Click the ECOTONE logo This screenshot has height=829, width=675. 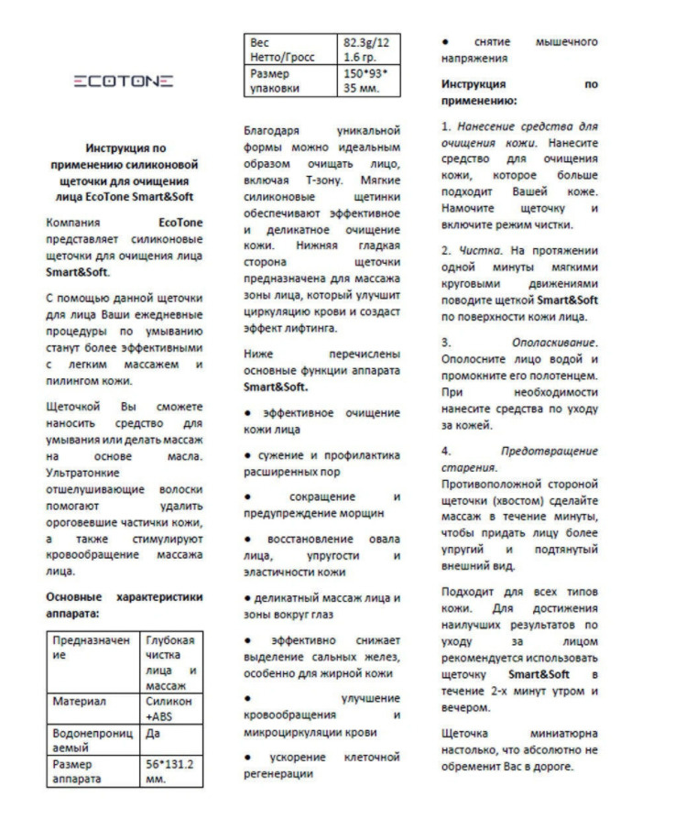(123, 82)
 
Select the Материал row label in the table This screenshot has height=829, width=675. (92, 702)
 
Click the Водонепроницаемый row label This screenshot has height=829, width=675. (92, 740)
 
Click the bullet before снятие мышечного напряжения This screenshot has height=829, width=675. (445, 42)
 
